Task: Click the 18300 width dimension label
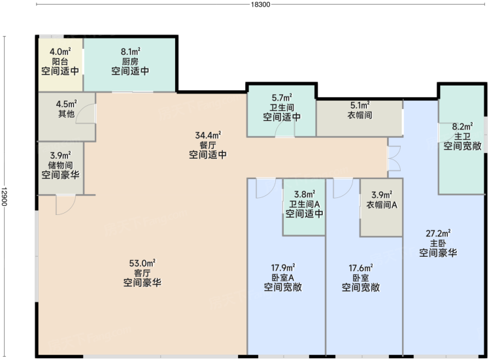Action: [260, 5]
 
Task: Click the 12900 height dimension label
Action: [4, 197]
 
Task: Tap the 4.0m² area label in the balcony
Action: [60, 51]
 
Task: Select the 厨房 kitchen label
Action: [130, 61]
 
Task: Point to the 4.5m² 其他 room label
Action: [67, 108]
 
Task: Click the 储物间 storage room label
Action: [60, 165]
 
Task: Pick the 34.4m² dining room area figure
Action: [208, 135]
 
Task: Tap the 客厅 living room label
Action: [143, 273]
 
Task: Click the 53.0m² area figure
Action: [143, 263]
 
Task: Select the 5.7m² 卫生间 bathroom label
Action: [282, 103]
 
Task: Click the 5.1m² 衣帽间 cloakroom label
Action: [360, 110]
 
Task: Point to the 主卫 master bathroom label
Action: [462, 136]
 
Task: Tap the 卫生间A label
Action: [305, 204]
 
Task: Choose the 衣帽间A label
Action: [382, 205]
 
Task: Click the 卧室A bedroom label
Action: [283, 278]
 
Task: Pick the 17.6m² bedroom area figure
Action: [361, 268]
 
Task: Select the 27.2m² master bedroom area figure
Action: [438, 233]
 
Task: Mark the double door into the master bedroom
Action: [394, 159]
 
